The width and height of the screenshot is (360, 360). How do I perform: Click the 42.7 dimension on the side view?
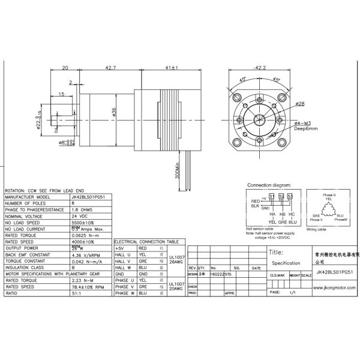pos(110,68)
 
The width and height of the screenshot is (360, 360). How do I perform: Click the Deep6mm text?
pos(306,128)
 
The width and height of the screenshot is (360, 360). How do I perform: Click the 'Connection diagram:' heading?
pos(269,185)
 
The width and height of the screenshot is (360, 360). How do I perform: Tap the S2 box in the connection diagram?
pos(281,196)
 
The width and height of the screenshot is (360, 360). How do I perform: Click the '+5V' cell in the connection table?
pos(120,247)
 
